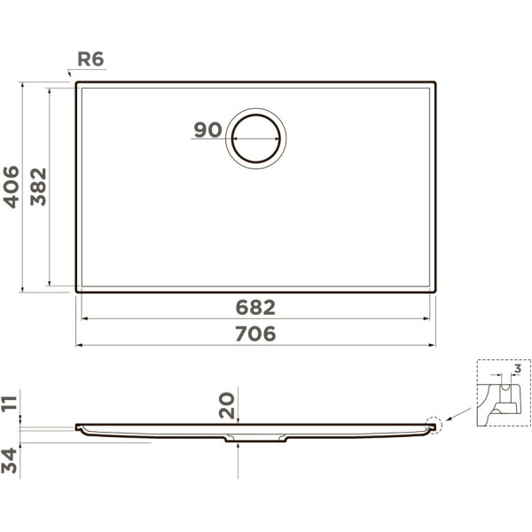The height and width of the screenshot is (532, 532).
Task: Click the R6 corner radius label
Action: tap(90, 59)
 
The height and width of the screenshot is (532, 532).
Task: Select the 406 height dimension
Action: tap(11, 187)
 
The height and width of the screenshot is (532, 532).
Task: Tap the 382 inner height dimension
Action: tap(38, 187)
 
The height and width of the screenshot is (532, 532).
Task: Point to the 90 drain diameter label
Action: tap(207, 129)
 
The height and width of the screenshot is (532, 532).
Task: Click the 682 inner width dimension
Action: tap(255, 308)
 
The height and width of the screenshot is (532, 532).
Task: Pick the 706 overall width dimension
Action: tap(255, 333)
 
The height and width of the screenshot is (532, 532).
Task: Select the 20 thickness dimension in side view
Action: tap(227, 405)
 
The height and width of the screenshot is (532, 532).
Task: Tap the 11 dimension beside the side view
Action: tap(9, 403)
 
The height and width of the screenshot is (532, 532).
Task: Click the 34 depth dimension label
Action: tap(9, 461)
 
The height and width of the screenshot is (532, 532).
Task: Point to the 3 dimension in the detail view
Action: tap(518, 369)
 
